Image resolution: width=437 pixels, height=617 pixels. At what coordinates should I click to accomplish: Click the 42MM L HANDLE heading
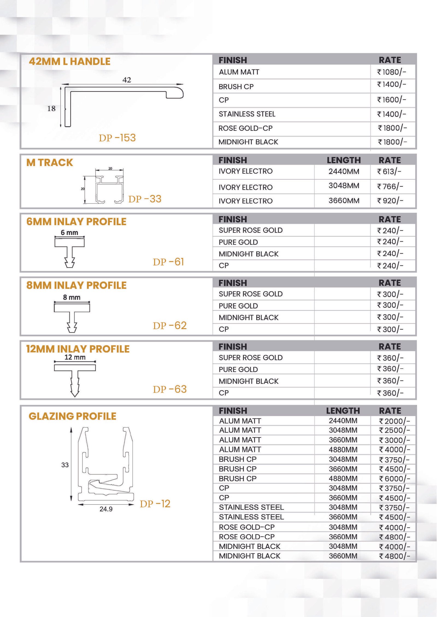pos(70,61)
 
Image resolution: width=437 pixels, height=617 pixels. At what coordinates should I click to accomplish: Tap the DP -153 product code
pos(117,138)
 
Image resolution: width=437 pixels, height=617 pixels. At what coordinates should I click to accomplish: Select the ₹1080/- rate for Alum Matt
pos(392,72)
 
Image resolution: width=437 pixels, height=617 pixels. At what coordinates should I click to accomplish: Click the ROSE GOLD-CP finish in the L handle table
pos(245,128)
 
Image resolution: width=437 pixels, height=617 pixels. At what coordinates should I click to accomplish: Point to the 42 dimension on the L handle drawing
pos(127,80)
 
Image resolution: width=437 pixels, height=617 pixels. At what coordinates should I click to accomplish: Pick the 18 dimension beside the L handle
pos(51,109)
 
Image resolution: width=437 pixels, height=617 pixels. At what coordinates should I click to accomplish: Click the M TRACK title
pos(50,162)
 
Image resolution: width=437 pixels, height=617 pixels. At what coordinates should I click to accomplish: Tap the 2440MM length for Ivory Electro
pos(344,171)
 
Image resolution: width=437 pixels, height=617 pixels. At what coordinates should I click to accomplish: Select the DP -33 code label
pos(145,199)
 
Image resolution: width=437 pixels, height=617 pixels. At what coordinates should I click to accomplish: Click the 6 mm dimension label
pos(69,233)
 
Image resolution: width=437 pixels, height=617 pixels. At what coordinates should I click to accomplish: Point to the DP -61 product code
pos(169,262)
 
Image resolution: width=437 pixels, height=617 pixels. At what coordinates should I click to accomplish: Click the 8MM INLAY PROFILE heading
pos(76,285)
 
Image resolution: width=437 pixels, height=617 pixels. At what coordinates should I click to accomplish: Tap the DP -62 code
pos(170,326)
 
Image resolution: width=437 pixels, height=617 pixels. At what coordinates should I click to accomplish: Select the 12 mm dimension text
pos(75,357)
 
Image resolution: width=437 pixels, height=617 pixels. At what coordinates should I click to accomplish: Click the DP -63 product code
pos(170,389)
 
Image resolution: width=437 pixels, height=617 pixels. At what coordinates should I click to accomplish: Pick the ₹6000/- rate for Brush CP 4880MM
pos(394,479)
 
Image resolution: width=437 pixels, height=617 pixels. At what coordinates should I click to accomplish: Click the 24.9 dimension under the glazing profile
pos(106,509)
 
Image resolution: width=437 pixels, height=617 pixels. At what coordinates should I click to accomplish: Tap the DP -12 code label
pos(155,504)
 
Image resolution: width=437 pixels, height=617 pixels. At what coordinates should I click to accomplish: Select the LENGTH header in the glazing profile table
pos(343,411)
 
